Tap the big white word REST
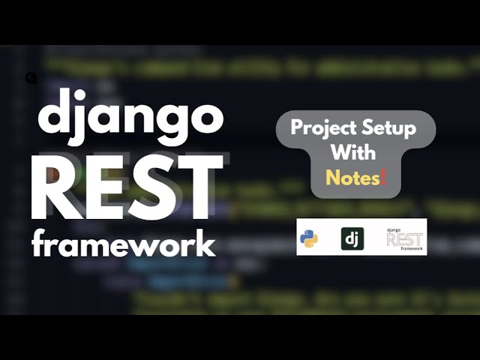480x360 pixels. point(126,186)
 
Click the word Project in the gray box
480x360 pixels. point(321,128)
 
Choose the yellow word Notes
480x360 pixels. point(352,178)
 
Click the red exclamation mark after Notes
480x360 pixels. point(384,177)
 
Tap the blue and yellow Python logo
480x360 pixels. point(308,238)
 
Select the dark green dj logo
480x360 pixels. point(352,238)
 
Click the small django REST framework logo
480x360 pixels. point(404,238)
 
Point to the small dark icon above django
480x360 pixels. point(31,78)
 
